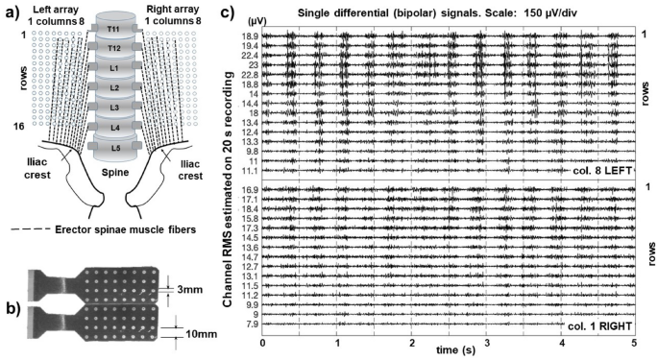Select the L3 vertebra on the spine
pyautogui.click(x=114, y=107)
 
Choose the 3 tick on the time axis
pyautogui.click(x=486, y=343)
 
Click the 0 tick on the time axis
pyautogui.click(x=262, y=343)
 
